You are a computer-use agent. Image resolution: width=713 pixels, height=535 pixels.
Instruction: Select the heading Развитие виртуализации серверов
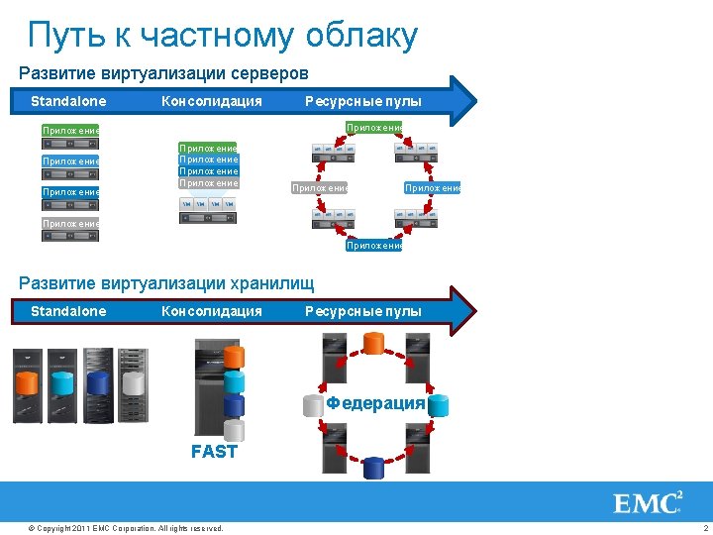(164, 73)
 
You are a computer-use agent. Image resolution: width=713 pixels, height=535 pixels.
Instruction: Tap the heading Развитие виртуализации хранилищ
(167, 284)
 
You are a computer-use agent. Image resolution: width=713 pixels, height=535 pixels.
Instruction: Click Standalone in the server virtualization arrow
(68, 101)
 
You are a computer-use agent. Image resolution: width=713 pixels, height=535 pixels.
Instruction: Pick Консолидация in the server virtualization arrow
(212, 101)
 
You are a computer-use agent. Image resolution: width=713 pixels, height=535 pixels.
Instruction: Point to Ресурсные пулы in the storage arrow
(363, 311)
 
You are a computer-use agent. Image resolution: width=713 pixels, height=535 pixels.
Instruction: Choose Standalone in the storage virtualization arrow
(68, 311)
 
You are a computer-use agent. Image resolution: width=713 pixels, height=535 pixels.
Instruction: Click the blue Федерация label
(375, 403)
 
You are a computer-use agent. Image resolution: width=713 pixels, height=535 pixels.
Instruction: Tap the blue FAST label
(214, 452)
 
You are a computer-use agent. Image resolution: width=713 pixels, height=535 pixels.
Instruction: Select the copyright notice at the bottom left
(126, 528)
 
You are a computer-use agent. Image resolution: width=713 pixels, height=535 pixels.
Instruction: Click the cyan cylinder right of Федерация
(438, 404)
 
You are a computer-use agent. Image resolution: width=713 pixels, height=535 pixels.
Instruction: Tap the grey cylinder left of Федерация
(314, 404)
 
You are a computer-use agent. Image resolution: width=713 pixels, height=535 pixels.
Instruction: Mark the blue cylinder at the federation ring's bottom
(373, 467)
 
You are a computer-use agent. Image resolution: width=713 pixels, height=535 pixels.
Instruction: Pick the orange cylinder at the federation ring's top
(373, 343)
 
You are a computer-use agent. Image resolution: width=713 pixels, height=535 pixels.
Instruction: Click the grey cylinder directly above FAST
(234, 429)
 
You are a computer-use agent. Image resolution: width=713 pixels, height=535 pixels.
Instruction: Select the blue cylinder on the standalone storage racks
(97, 382)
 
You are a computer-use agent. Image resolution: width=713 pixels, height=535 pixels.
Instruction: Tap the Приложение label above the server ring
(373, 127)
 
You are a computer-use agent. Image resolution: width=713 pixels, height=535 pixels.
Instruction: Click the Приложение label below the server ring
(373, 245)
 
